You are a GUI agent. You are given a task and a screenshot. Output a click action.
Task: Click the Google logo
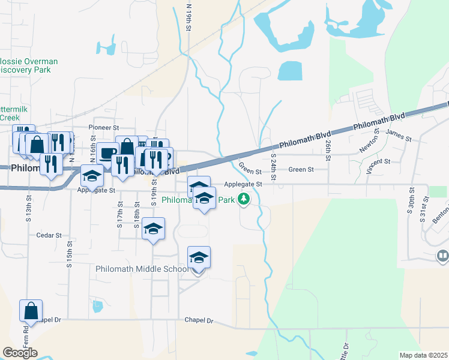20,353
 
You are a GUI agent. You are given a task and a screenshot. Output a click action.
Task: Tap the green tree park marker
243,199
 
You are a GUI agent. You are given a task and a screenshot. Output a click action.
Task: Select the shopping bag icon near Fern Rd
31,311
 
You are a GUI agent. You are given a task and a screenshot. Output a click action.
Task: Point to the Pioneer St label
104,128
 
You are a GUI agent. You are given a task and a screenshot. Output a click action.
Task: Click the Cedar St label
49,236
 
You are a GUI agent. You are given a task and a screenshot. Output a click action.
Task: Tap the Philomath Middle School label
142,269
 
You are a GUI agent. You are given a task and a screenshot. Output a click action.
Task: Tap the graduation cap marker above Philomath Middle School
199,257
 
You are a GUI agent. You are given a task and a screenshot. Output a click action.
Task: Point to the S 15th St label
70,254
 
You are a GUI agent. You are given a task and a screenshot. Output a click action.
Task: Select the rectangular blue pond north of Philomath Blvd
290,71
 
